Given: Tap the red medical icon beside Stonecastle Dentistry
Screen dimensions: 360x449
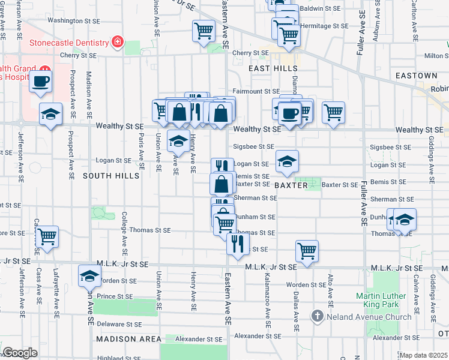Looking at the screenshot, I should pyautogui.click(x=118, y=42).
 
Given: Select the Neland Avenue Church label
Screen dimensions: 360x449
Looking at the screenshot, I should pyautogui.click(x=364, y=316).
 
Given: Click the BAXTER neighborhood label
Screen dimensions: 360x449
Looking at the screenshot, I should pyautogui.click(x=291, y=186).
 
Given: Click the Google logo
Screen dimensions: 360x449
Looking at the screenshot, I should pyautogui.click(x=20, y=353).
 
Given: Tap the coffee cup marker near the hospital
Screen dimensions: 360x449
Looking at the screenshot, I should pyautogui.click(x=40, y=81).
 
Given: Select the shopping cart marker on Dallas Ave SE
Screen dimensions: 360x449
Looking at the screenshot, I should pyautogui.click(x=307, y=250).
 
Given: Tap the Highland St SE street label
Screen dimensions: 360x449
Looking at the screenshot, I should pyautogui.click(x=118, y=358).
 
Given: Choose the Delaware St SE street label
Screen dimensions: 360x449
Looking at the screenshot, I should pyautogui.click(x=119, y=324).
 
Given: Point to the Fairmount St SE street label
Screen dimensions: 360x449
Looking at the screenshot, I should pyautogui.click(x=256, y=91).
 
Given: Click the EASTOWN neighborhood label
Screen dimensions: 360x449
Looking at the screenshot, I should pyautogui.click(x=416, y=76).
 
